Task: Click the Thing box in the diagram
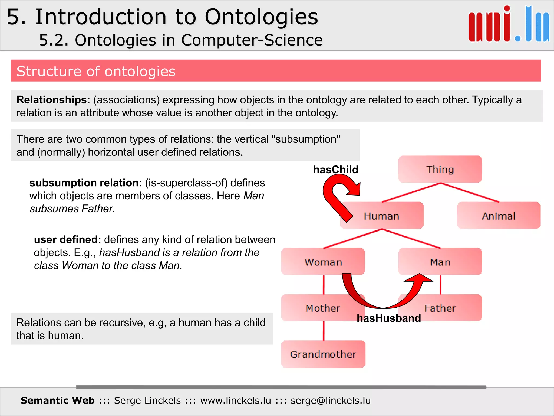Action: (440, 169)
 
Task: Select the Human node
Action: (382, 216)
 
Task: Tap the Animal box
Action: (499, 216)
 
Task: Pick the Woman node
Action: (323, 262)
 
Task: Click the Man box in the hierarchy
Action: (440, 262)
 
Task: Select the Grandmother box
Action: (323, 354)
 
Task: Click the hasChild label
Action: (335, 170)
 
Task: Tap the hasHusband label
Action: (389, 318)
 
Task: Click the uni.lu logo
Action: (509, 24)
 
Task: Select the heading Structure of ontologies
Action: (96, 71)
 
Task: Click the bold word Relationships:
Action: (53, 100)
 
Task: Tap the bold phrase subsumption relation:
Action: (85, 183)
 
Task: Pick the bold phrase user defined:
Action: (67, 240)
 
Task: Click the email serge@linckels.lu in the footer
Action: (331, 400)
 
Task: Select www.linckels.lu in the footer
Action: (235, 400)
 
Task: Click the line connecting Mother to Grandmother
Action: (324, 331)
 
